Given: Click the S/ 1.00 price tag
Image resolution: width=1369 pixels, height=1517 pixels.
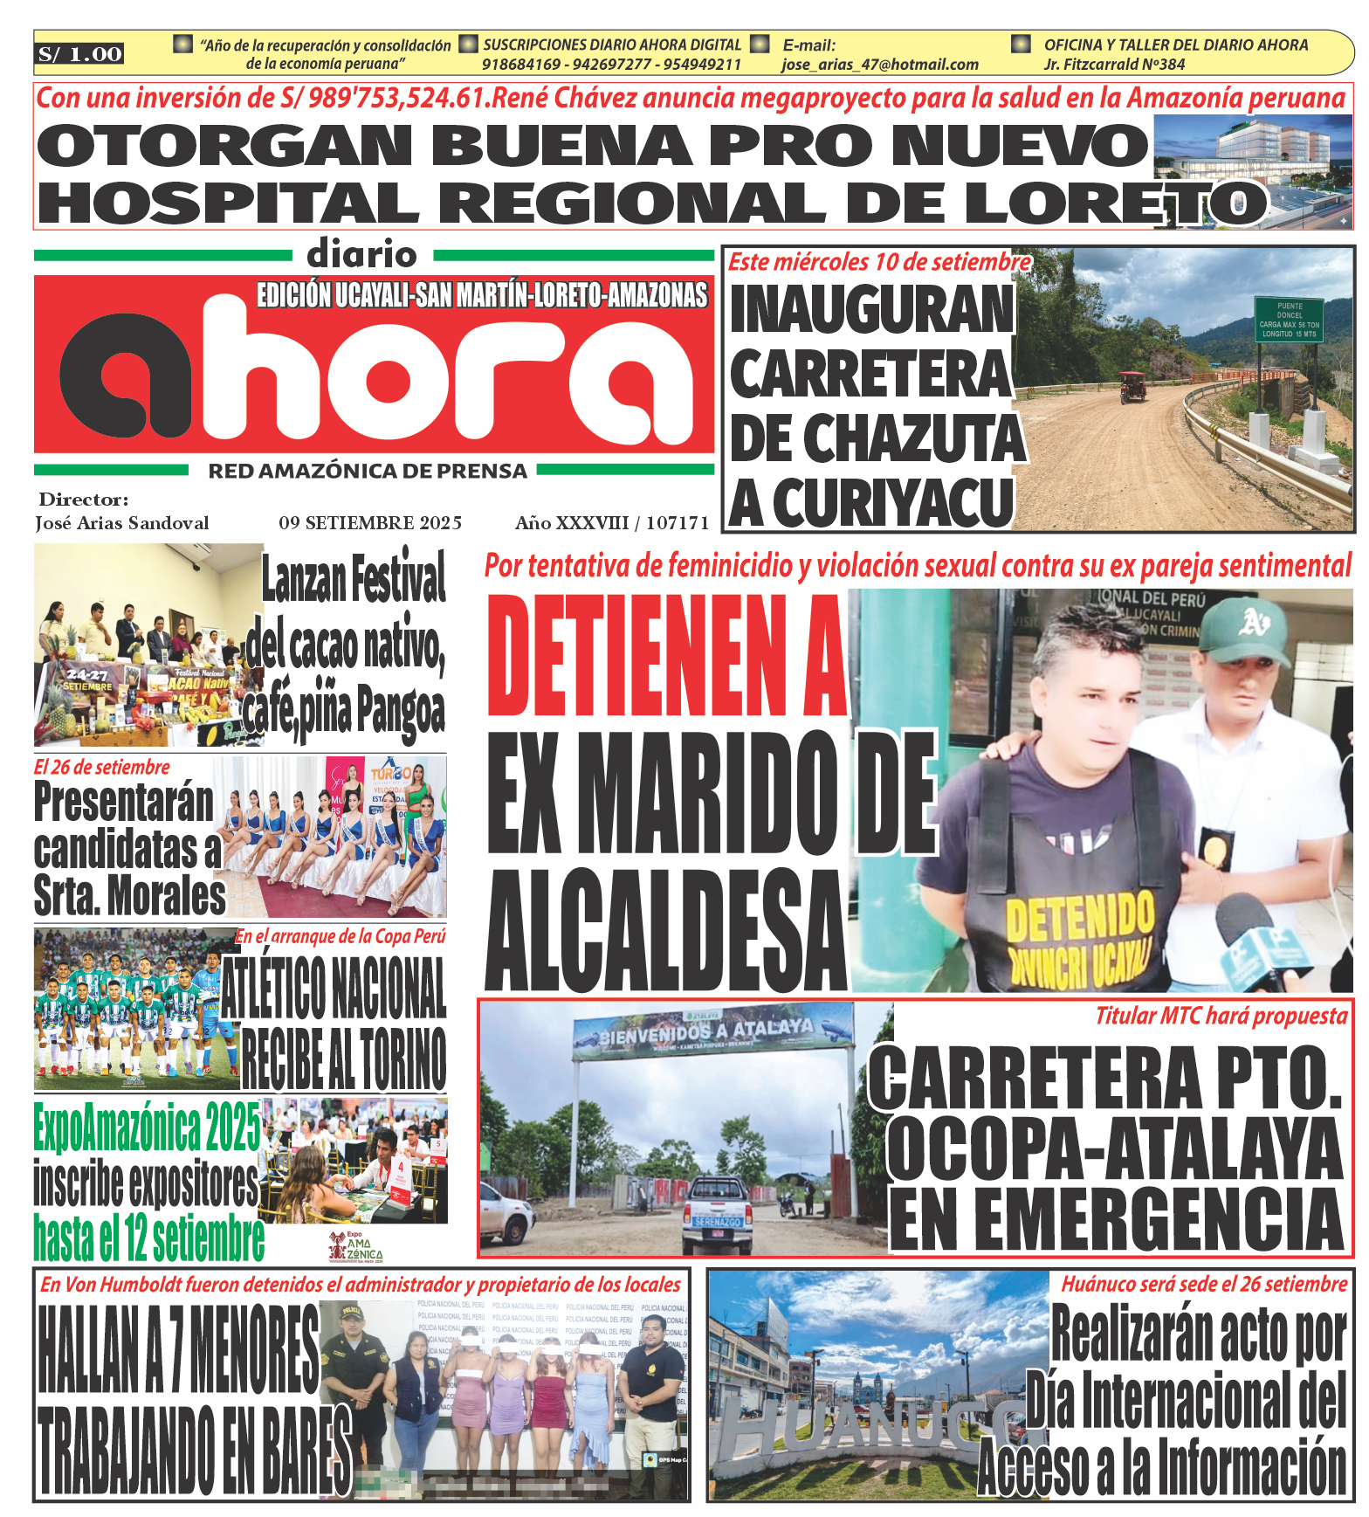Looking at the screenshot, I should [79, 54].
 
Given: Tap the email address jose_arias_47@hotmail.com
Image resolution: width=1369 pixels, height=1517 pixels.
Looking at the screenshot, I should [879, 65].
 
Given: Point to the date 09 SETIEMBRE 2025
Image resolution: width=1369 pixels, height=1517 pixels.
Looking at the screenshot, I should [370, 523].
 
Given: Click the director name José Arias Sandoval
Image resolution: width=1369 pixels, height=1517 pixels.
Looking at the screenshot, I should [122, 523].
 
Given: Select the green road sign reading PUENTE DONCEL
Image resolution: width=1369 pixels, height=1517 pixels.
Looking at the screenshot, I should [1289, 320].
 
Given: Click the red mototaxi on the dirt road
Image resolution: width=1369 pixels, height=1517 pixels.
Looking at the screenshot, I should [1132, 386].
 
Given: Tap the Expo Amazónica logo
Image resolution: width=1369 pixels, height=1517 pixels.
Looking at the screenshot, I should [355, 1246].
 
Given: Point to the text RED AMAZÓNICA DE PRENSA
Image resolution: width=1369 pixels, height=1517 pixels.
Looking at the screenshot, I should [368, 472].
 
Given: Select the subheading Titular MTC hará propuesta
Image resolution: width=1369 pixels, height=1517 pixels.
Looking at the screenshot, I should [1221, 1016].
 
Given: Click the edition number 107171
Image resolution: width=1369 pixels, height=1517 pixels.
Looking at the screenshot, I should [678, 523].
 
